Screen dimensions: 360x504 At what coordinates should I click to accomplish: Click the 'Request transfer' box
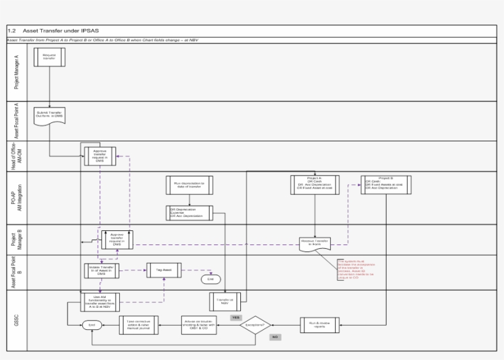(49, 57)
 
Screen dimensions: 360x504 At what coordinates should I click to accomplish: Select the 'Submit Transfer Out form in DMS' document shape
(49, 115)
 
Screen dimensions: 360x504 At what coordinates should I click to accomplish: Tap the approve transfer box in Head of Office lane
(100, 155)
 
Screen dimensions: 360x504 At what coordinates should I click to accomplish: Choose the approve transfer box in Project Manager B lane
(117, 239)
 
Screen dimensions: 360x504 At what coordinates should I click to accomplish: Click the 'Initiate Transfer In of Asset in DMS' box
(101, 270)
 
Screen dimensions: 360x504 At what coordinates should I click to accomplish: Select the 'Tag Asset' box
(167, 270)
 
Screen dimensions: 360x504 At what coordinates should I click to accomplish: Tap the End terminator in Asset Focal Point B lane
(211, 280)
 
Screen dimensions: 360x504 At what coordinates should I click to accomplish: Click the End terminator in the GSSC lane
(92, 325)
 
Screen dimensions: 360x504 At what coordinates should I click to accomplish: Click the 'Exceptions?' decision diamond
(255, 324)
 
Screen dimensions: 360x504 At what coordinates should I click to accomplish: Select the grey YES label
(235, 317)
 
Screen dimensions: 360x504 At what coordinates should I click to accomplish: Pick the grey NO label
(275, 337)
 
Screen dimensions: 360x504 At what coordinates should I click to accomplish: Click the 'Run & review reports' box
(319, 324)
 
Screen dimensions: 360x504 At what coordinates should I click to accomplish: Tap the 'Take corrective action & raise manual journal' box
(138, 325)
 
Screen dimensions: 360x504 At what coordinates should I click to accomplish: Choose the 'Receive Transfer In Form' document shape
(315, 243)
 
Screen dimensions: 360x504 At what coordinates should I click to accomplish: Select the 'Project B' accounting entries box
(386, 184)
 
